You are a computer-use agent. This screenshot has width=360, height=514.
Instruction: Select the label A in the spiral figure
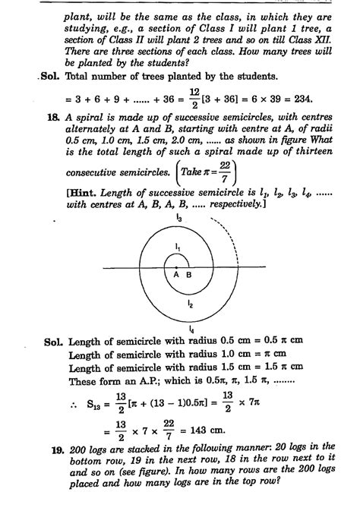[175, 276]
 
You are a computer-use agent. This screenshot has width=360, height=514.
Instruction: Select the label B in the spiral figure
[188, 276]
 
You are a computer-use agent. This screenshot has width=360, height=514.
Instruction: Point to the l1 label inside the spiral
[176, 248]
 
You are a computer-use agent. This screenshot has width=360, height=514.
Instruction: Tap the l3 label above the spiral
[178, 218]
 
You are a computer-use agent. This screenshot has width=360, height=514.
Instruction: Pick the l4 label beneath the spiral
[181, 330]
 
